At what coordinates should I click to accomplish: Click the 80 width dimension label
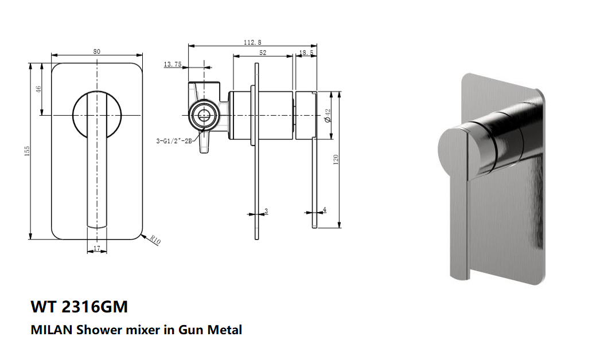coord(97,52)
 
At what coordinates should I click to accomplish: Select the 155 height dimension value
coord(26,150)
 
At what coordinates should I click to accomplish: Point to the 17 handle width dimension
coord(96,248)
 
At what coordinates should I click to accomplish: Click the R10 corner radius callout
coord(155,241)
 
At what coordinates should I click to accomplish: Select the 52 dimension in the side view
coord(263,52)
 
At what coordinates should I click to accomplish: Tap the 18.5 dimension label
coord(306,52)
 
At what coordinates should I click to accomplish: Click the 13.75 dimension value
coord(172,65)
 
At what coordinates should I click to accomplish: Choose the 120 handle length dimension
coord(337,158)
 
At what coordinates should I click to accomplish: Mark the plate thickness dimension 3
coord(266,211)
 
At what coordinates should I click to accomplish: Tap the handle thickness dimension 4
coord(325,210)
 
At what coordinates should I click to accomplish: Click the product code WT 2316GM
coord(79,307)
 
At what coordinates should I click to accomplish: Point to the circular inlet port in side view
coord(202,115)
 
